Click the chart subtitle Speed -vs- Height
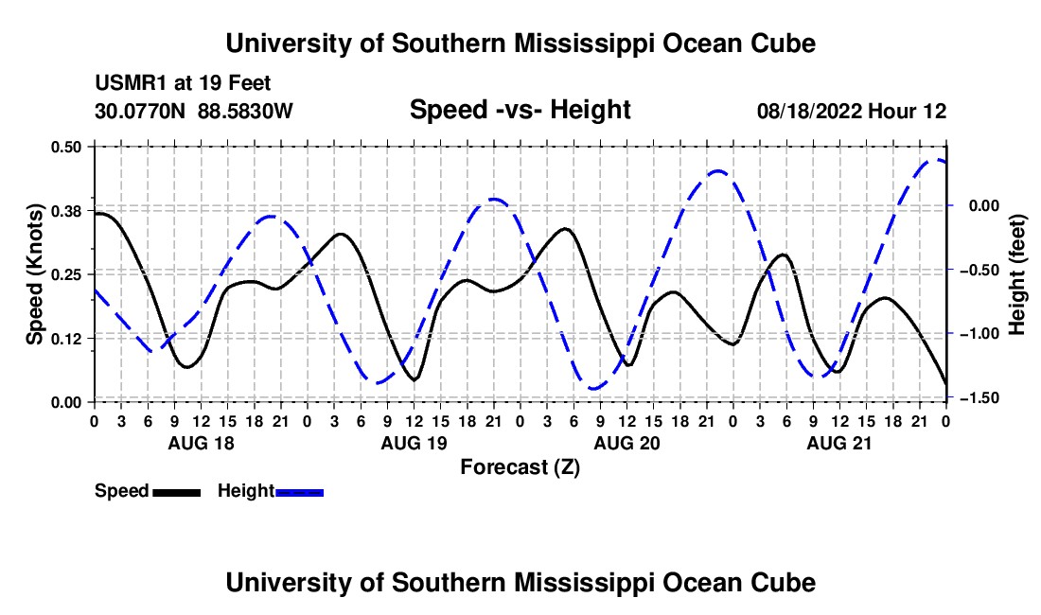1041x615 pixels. tap(520, 110)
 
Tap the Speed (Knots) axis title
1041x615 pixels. tap(34, 274)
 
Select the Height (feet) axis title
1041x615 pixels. tap(1016, 274)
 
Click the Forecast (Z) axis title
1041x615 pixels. tap(520, 467)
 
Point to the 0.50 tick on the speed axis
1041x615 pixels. tap(65, 147)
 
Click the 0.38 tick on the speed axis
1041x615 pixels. tap(65, 211)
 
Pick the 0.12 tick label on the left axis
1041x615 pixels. tap(65, 339)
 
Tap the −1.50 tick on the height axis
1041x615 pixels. tap(979, 397)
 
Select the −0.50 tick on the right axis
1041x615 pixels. tap(979, 270)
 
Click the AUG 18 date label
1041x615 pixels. tap(202, 443)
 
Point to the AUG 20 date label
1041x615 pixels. tap(626, 443)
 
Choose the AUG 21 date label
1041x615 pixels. tap(839, 443)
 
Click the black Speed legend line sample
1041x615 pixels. tap(177, 492)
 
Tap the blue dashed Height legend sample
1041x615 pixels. tap(299, 492)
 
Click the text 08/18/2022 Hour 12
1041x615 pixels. tap(852, 111)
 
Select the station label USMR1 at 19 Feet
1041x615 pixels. tap(183, 83)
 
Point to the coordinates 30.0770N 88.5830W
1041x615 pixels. tap(193, 111)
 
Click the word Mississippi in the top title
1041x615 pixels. tap(584, 44)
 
